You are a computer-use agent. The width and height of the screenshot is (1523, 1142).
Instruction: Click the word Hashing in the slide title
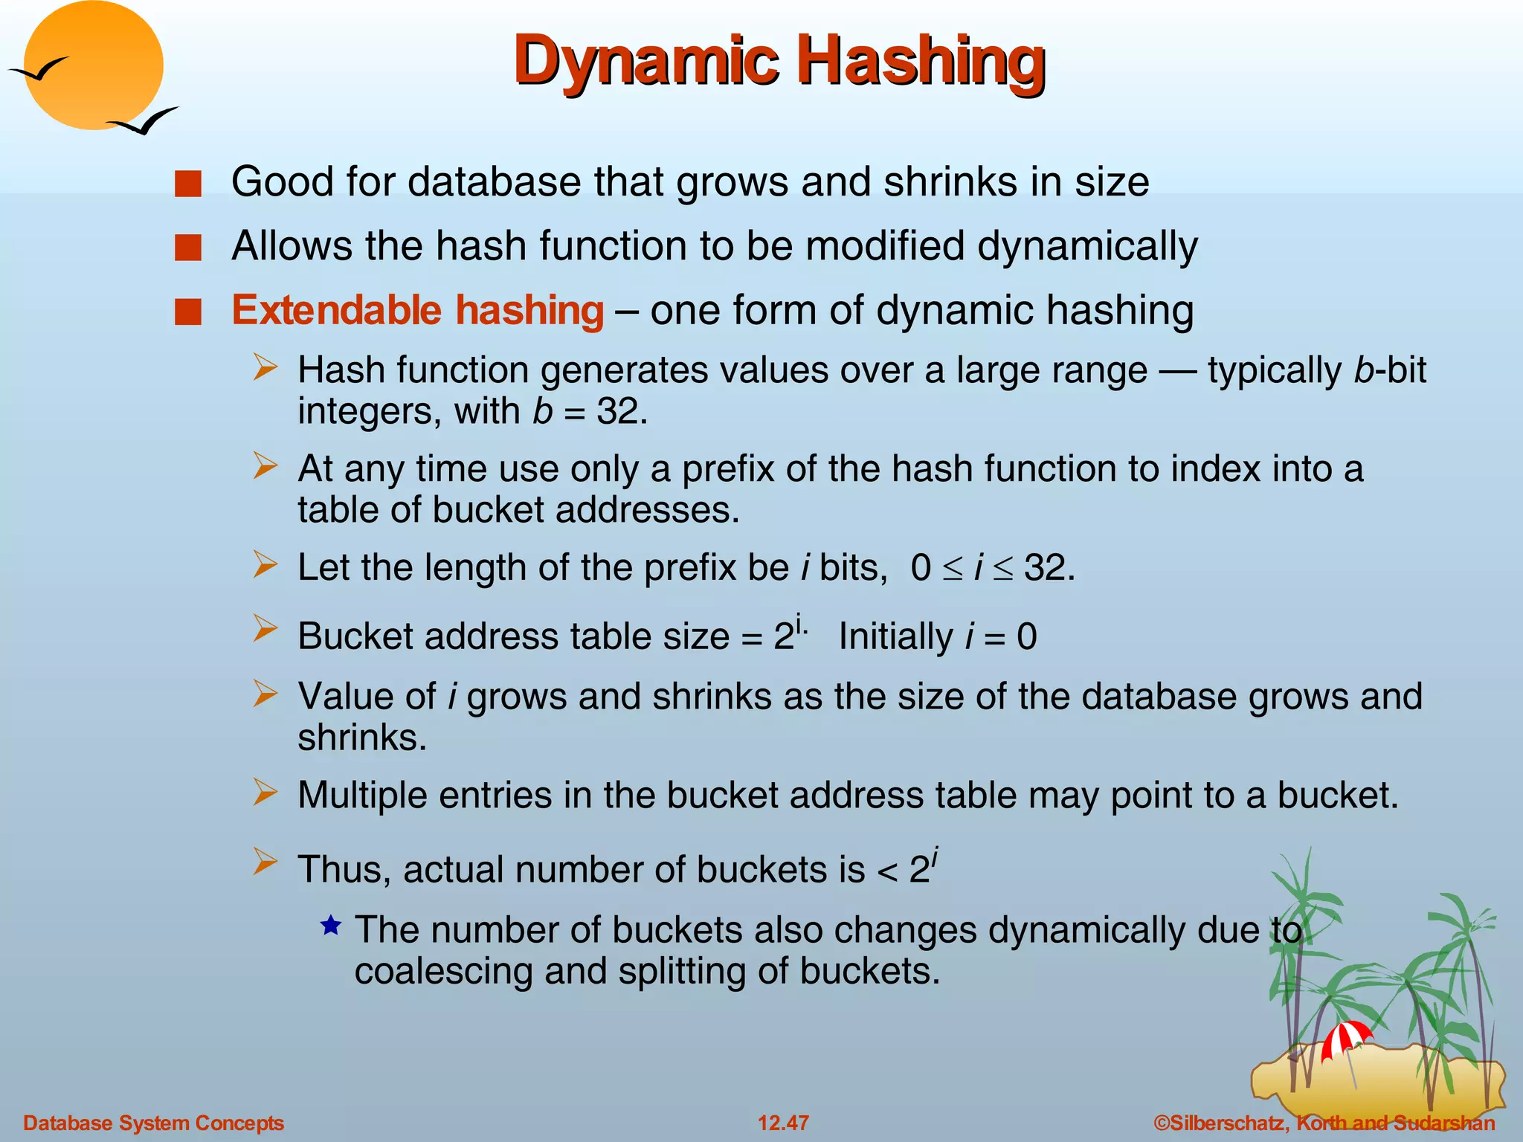point(921,61)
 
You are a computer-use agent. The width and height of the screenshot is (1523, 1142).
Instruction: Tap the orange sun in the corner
point(93,65)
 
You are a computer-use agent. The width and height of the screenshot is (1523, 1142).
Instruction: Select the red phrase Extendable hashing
point(417,310)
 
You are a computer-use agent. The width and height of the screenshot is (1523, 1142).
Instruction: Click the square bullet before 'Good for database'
point(188,184)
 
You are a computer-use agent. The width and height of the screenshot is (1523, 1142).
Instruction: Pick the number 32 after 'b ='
point(617,411)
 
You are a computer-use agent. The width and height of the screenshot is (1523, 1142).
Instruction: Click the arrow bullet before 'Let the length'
point(265,564)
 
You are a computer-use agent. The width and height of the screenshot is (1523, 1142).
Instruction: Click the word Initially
point(895,637)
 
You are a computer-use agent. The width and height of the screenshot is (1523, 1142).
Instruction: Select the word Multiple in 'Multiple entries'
point(361,796)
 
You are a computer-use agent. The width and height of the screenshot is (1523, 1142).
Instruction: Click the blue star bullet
point(331,926)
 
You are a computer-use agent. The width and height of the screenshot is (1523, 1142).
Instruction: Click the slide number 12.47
point(783,1123)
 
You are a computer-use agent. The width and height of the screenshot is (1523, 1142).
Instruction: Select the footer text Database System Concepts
point(154,1123)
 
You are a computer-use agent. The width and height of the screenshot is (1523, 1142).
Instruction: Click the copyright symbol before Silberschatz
point(1161,1123)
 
